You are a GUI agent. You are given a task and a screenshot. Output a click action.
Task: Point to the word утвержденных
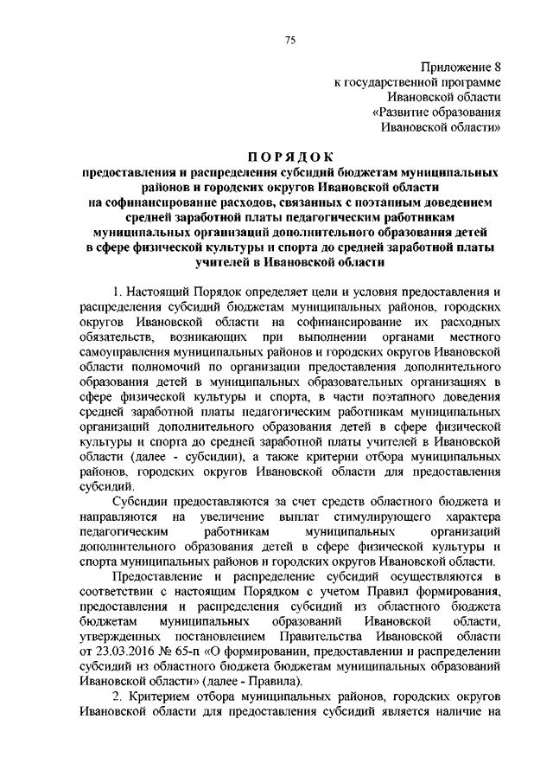tap(118, 636)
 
